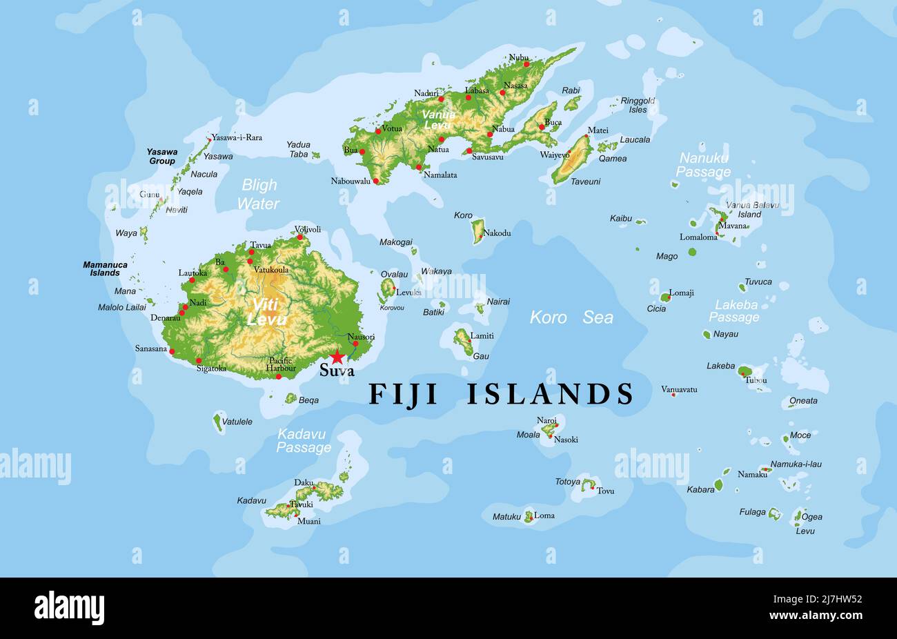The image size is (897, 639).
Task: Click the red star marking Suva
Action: pos(337,357)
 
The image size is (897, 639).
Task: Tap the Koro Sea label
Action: pos(571,317)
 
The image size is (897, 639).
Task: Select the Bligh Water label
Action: pos(259,194)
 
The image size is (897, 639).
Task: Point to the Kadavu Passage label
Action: pos(304,441)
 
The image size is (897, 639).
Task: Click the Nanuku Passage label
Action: pos(703,165)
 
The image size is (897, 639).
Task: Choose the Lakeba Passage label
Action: pos(735,311)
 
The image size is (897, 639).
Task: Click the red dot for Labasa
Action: pos(469,98)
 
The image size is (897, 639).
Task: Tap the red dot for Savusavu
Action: pos(469,150)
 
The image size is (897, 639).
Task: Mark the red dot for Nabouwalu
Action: pos(376,181)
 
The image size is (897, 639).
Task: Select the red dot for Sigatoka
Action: pos(199,360)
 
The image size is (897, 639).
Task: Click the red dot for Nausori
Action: pos(356,344)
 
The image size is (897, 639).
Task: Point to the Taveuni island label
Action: pos(585,181)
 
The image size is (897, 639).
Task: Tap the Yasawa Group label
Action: pos(162,156)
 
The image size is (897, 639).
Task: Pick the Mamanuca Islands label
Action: pos(105,268)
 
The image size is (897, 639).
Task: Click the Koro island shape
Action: pos(477,231)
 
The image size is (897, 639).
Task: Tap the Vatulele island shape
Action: pos(218,422)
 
